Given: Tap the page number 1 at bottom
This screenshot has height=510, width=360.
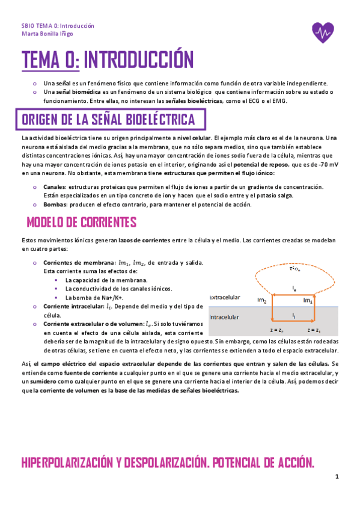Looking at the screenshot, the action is coord(338,477).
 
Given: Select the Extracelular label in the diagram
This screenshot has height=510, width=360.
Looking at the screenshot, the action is coord(225,297).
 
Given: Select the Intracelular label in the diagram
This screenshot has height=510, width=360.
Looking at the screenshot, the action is coord(224,316).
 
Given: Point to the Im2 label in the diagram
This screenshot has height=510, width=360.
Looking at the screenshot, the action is coord(262,300).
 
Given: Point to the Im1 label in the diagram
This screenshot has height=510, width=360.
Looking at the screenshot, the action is coord(308,300).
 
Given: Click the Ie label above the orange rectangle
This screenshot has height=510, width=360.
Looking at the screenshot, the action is coord(294,289).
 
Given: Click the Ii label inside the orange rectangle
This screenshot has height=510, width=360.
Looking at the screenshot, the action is coord(294,315).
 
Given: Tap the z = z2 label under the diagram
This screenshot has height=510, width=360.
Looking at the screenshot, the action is coord(277,330).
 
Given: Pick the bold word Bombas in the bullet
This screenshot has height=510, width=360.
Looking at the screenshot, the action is coord(55,204).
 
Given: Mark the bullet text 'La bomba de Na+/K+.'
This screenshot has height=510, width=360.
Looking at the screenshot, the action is coord(94,298).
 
